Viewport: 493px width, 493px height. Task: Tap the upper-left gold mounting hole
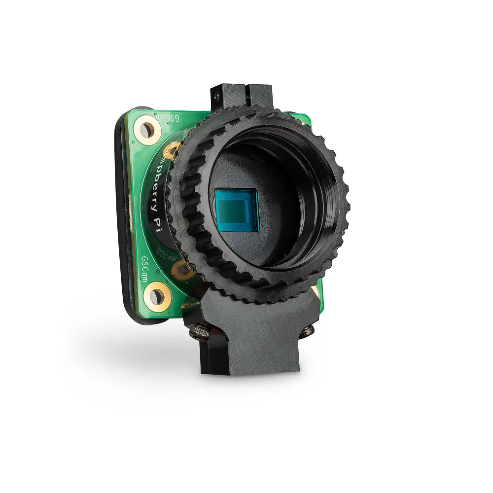(147, 130)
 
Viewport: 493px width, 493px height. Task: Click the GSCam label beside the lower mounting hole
(144, 269)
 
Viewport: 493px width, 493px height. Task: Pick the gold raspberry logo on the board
(173, 149)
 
